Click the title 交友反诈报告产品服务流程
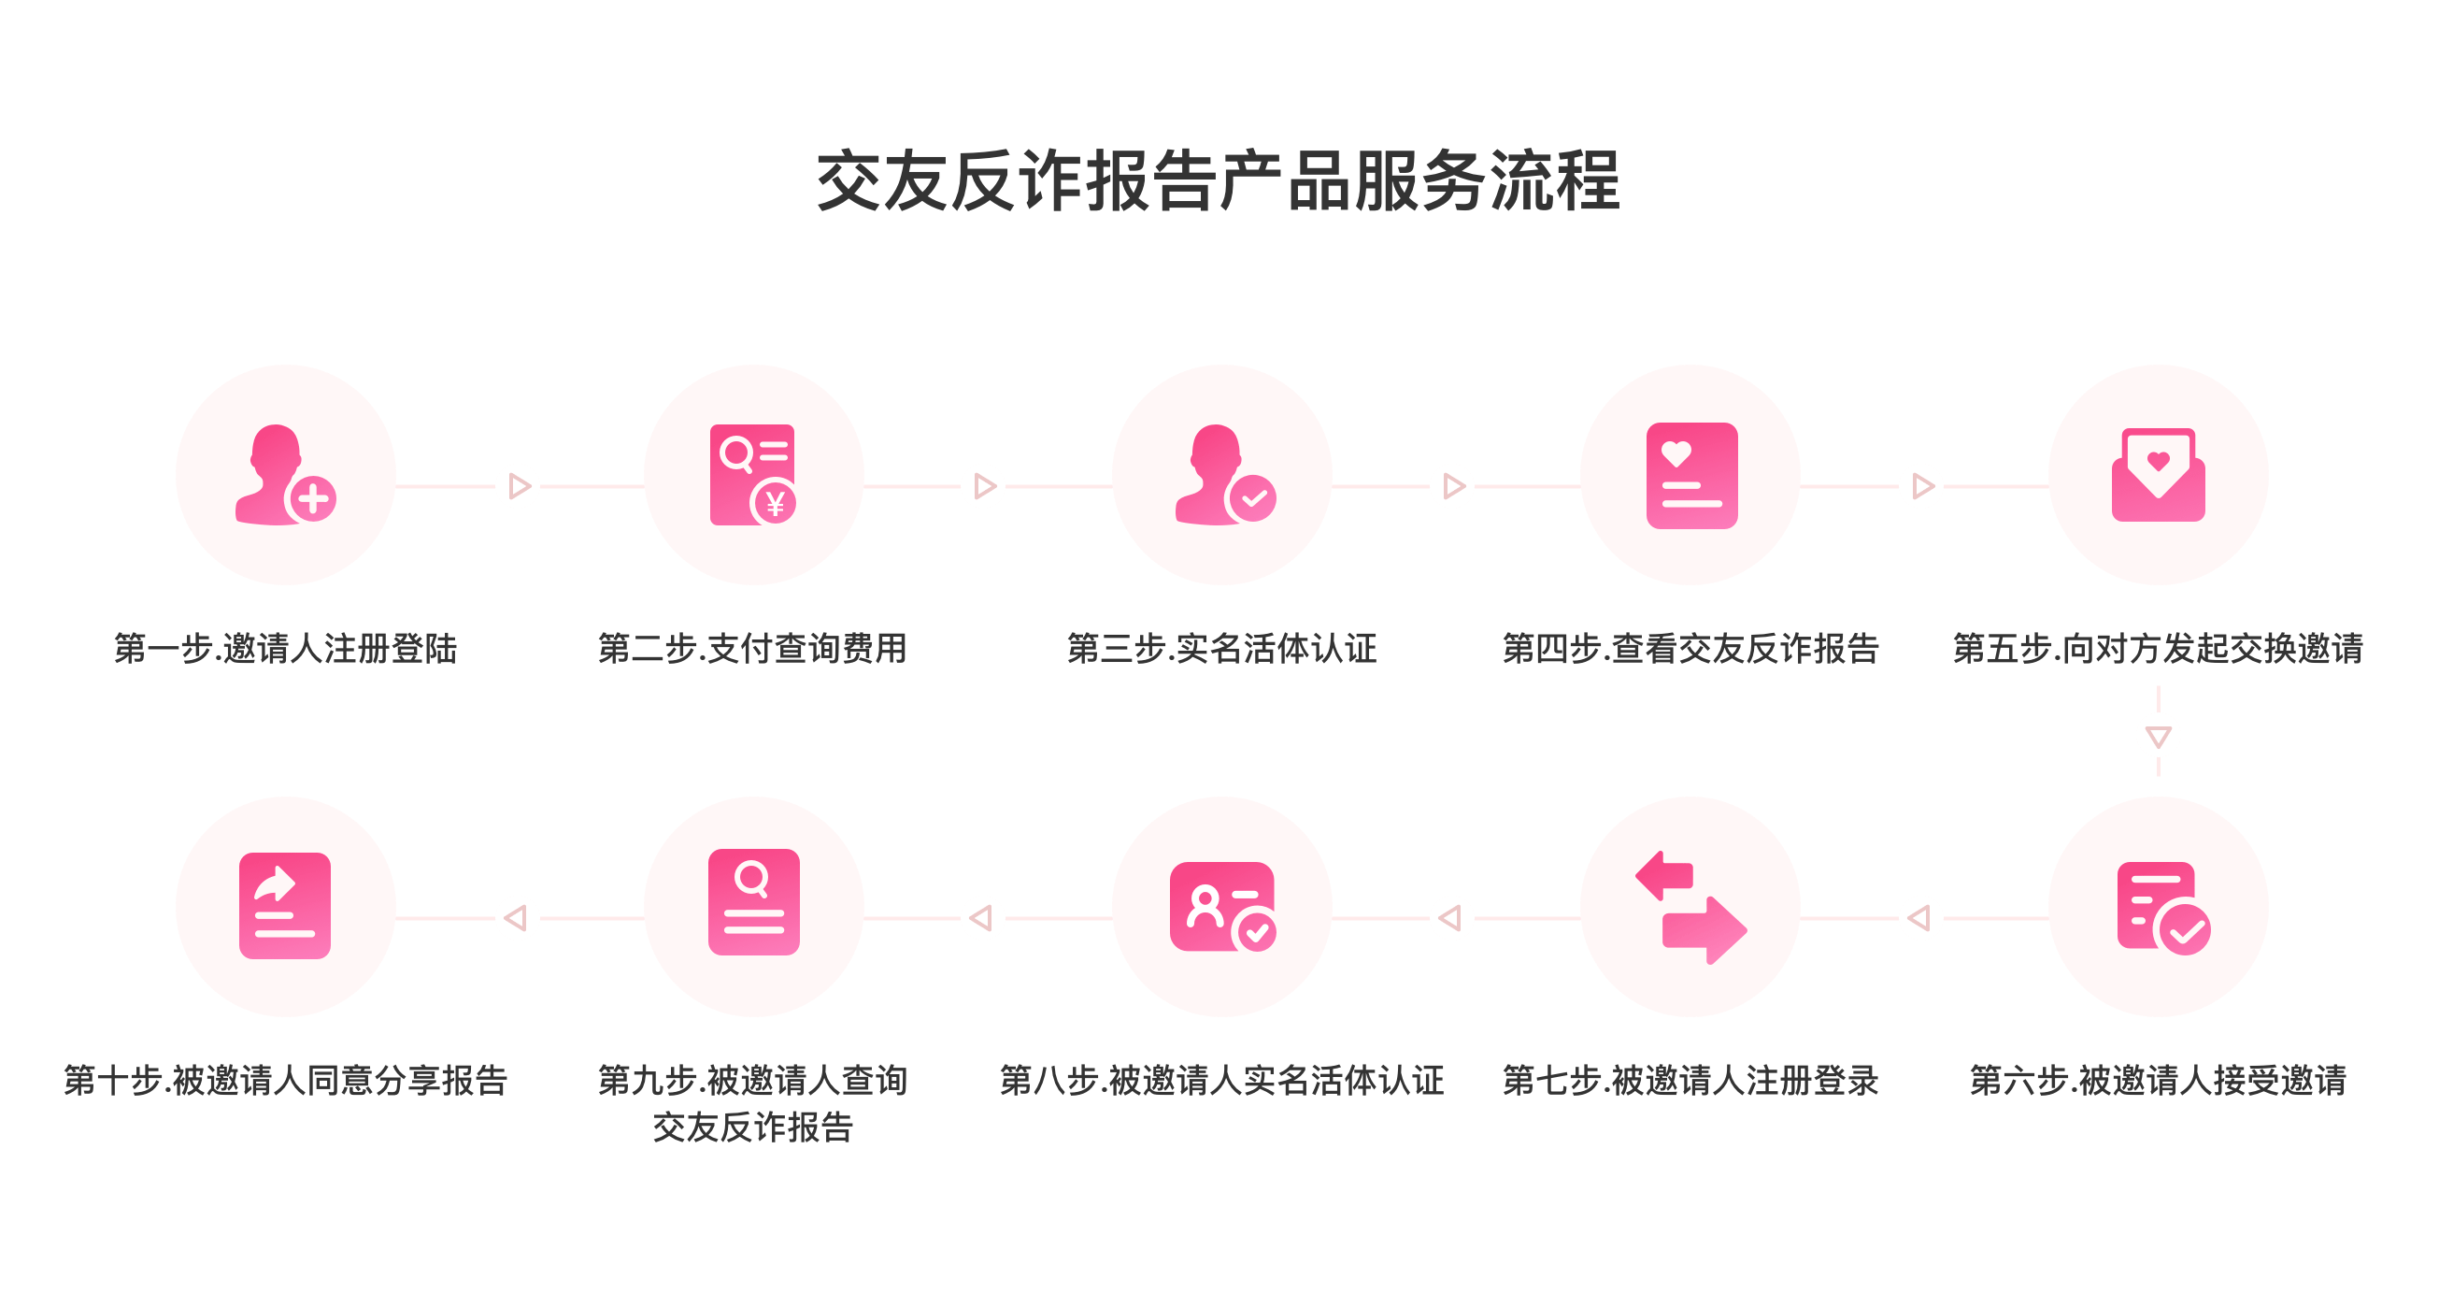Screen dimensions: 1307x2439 [x=1219, y=180]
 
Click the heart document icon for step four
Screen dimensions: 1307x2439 [x=1691, y=475]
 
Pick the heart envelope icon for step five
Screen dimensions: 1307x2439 [x=2158, y=475]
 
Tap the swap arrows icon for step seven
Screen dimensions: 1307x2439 [x=1691, y=907]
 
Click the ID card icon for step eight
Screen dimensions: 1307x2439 [x=1222, y=907]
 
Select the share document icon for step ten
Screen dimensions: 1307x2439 [x=285, y=907]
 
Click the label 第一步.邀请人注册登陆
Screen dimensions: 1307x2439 [x=285, y=649]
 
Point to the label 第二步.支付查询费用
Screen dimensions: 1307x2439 [x=752, y=649]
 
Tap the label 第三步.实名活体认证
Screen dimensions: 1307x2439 [x=1221, y=649]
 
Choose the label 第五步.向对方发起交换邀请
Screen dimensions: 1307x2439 [x=2158, y=649]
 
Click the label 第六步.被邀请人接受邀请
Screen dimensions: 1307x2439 [x=2158, y=1081]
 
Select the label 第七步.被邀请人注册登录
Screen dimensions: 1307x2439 [x=1690, y=1081]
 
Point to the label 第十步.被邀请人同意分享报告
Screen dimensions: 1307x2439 [x=285, y=1081]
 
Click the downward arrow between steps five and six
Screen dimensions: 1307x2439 [x=2158, y=735]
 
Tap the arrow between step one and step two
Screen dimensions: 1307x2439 [x=518, y=487]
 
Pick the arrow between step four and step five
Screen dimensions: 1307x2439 [x=1921, y=487]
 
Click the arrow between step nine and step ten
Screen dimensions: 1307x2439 [x=518, y=918]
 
